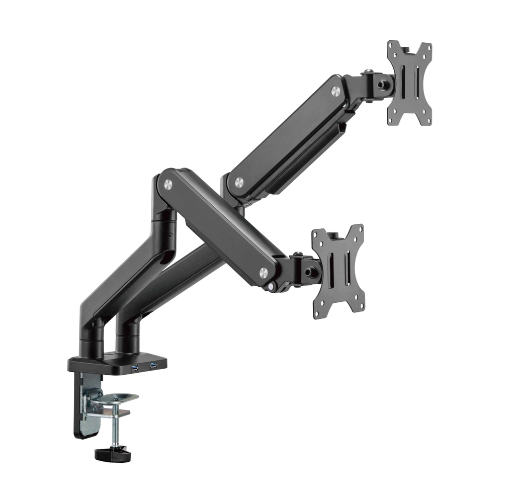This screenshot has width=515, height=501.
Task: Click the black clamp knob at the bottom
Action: tap(113, 455)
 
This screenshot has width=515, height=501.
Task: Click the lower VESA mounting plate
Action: tap(338, 271)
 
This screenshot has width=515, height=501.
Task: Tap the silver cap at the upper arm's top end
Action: tap(335, 91)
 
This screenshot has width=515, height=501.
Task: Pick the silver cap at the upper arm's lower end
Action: tap(238, 182)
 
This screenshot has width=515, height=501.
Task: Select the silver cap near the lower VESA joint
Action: tap(264, 273)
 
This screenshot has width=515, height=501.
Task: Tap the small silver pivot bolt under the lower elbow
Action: tap(272, 287)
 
